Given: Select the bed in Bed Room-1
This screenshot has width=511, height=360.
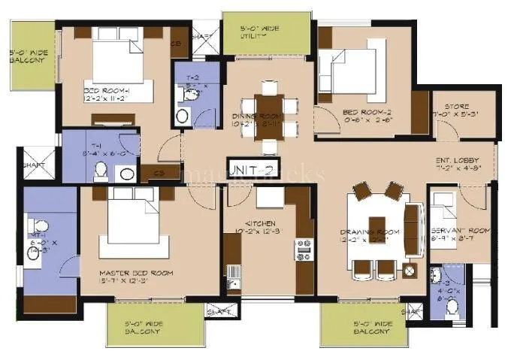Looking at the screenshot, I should point(118,60).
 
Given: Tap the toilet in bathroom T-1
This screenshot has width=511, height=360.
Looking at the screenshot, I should point(101,172).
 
